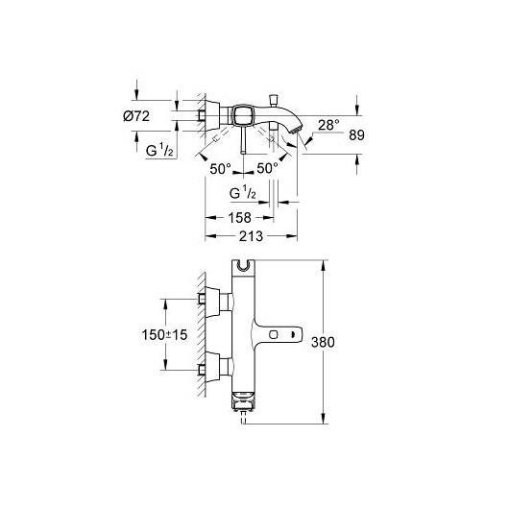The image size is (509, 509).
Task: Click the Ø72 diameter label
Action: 136,116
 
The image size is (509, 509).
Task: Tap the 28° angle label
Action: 328,125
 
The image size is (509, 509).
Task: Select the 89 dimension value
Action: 356,135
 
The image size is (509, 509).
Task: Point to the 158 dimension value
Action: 239,217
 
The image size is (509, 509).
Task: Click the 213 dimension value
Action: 251,236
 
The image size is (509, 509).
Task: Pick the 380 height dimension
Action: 323,342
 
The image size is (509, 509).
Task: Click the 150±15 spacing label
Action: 164,334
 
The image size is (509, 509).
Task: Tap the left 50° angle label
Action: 221,169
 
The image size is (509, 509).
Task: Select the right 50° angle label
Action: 268,168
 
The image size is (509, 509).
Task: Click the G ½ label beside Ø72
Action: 159,151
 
